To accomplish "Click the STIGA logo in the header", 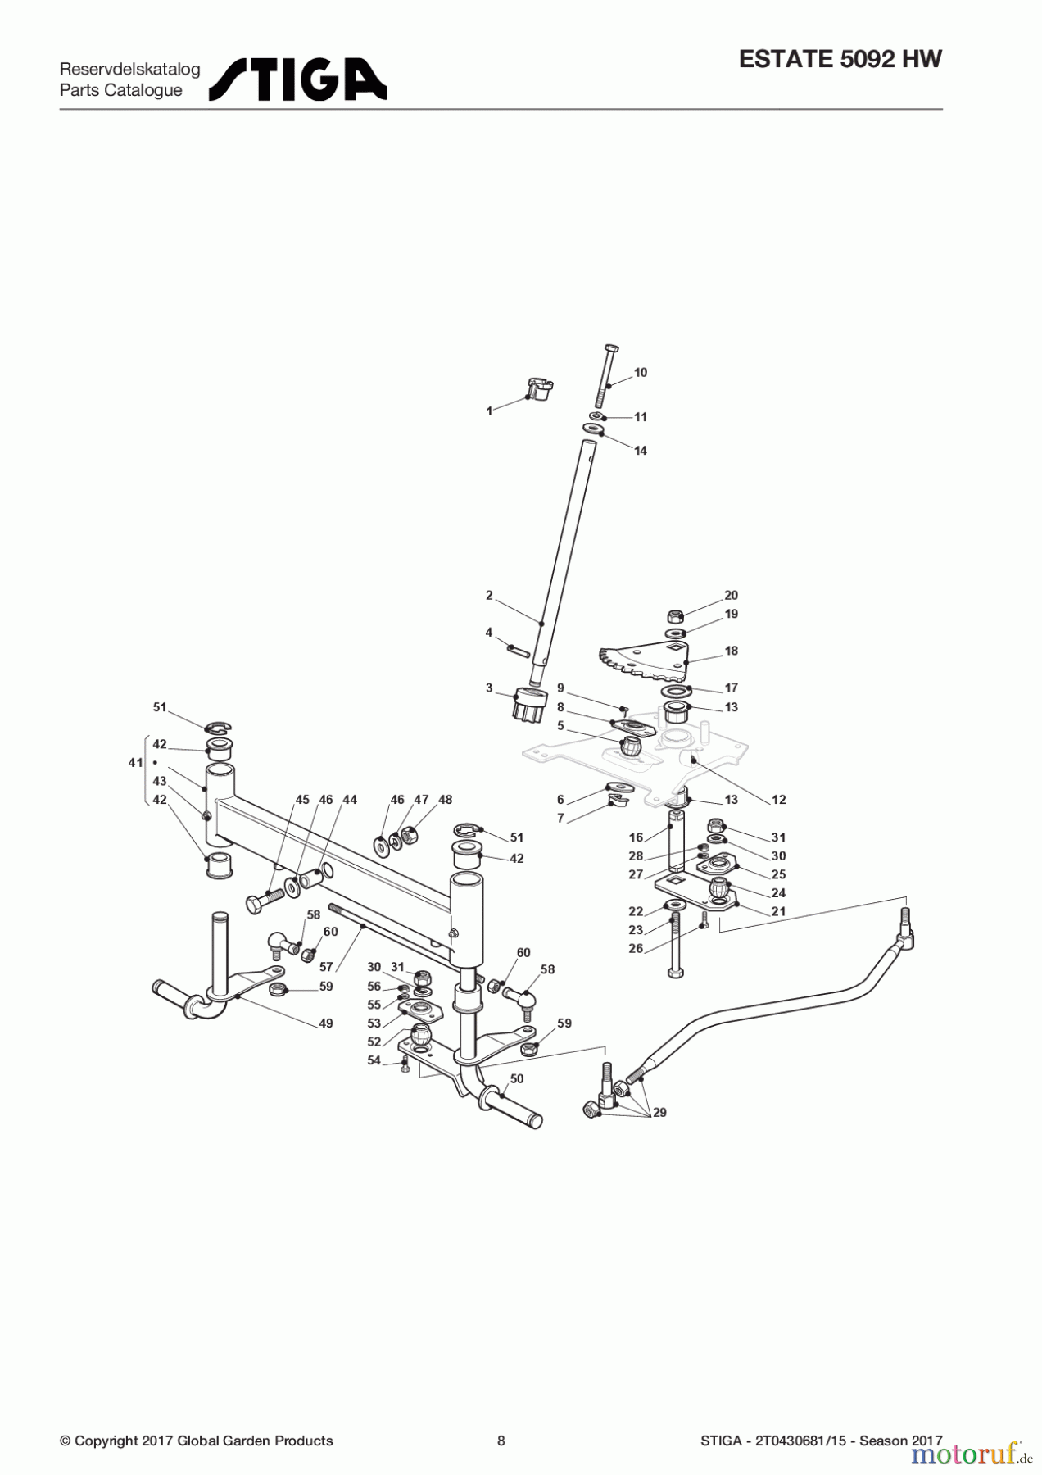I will [298, 79].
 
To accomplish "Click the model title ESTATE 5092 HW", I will [840, 59].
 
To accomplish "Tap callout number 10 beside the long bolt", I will [641, 373].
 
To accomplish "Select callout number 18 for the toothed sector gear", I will [731, 651].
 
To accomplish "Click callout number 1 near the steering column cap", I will [490, 411].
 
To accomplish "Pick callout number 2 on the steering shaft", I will [489, 596].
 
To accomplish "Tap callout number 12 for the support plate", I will [778, 800].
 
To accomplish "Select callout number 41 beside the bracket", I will [135, 763].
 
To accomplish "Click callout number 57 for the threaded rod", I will [326, 968].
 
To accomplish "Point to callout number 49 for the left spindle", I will [326, 1023].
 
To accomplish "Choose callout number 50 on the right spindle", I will [516, 1079].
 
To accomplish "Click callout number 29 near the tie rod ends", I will [659, 1113].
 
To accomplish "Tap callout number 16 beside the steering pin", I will [637, 837].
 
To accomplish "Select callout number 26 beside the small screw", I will [636, 949].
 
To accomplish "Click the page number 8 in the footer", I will [501, 1441].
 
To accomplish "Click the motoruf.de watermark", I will [972, 1454].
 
